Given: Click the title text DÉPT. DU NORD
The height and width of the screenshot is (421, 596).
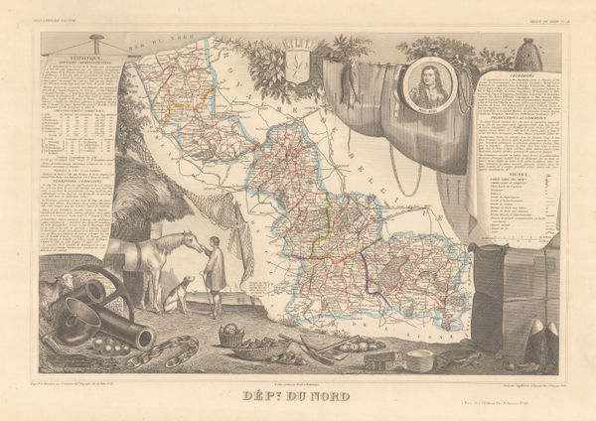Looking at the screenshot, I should [298, 390].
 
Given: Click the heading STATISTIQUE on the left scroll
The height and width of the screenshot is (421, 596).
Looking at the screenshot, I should [78, 60].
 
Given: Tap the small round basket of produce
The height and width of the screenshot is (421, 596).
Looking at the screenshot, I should [230, 337].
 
